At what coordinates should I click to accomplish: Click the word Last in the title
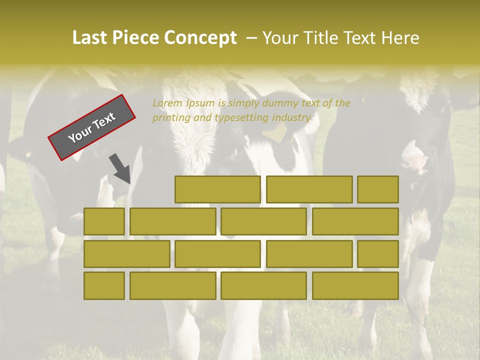pyautogui.click(x=90, y=38)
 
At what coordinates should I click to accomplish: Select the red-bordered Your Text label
pyautogui.click(x=92, y=127)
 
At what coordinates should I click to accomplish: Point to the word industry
pyautogui.click(x=292, y=118)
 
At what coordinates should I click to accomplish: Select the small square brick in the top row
pyautogui.click(x=378, y=189)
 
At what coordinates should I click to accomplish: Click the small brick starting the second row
pyautogui.click(x=104, y=221)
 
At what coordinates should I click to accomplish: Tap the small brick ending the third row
pyautogui.click(x=378, y=254)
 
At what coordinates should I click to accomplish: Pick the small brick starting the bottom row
pyautogui.click(x=104, y=285)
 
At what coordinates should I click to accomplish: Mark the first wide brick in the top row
pyautogui.click(x=217, y=189)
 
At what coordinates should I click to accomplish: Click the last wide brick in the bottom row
pyautogui.click(x=355, y=285)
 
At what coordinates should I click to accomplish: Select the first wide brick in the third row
pyautogui.click(x=126, y=254)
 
